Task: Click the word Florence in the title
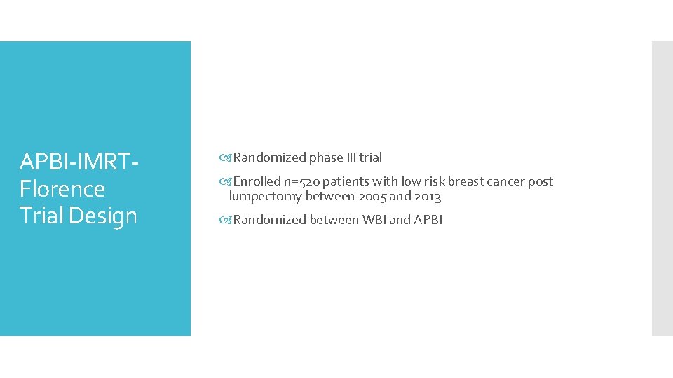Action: (x=62, y=189)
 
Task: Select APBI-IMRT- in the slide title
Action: (x=79, y=162)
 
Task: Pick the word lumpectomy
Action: (x=266, y=197)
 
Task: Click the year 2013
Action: (x=428, y=197)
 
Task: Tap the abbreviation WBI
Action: (x=374, y=220)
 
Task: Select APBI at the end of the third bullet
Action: (x=428, y=220)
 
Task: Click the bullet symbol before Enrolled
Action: (x=226, y=181)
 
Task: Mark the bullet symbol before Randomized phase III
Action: (x=226, y=157)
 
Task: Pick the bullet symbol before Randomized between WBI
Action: (x=226, y=220)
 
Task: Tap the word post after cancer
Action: (x=541, y=181)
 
